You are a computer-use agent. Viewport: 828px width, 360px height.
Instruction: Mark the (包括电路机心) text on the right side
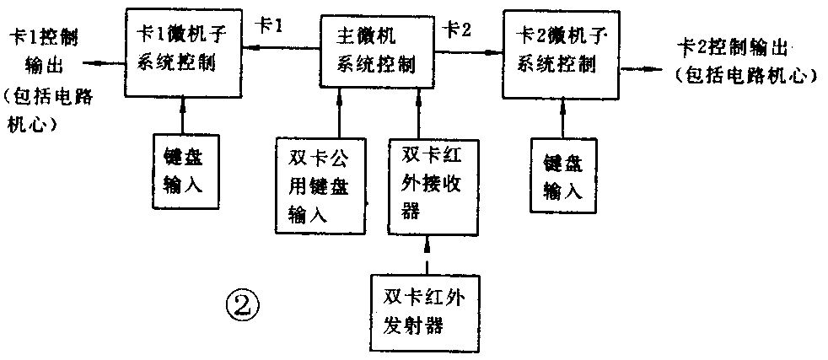coord(746,76)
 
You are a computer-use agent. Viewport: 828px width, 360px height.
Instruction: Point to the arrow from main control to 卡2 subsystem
coord(467,52)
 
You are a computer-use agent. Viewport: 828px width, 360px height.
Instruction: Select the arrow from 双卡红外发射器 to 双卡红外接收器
coord(427,256)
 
